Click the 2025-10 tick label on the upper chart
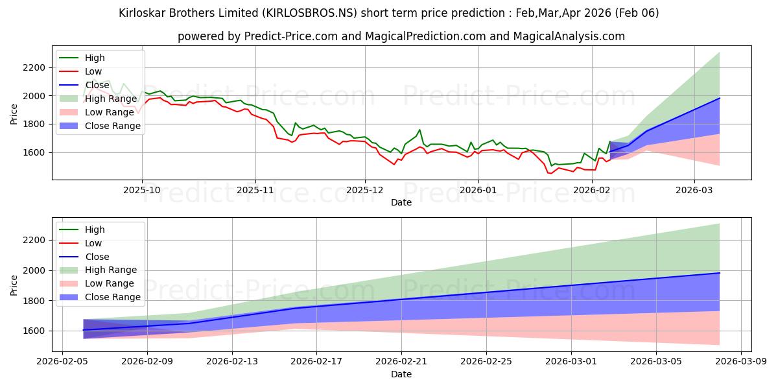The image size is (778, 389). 142,190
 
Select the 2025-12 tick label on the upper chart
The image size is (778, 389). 365,190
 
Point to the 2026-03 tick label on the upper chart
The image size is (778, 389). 694,190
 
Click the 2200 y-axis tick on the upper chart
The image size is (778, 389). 33,67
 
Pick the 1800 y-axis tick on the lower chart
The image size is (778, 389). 33,301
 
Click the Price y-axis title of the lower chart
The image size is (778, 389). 14,285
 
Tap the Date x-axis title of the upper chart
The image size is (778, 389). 401,202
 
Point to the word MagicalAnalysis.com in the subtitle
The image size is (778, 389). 569,36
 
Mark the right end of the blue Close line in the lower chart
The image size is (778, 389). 719,273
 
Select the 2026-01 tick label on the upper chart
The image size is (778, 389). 478,190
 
